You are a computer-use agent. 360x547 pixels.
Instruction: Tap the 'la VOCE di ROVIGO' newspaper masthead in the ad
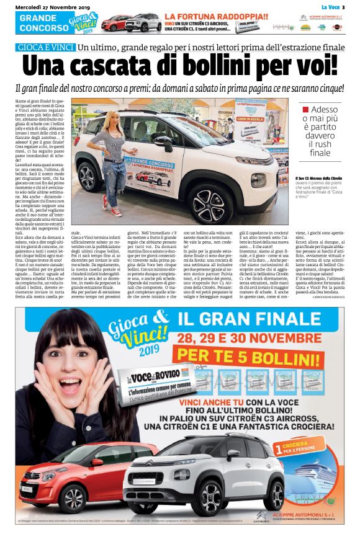pyautogui.click(x=156, y=376)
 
